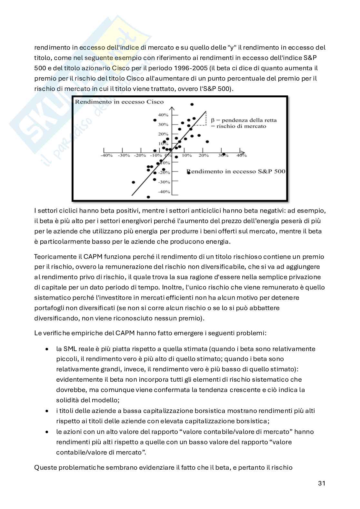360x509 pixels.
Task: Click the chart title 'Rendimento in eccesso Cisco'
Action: (119, 102)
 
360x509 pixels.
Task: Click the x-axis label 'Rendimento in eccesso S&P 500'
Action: (236, 171)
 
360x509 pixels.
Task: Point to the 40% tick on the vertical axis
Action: (163, 115)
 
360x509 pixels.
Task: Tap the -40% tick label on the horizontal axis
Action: (106, 155)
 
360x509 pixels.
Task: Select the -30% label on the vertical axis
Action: (164, 182)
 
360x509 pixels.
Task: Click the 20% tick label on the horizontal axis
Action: (204, 155)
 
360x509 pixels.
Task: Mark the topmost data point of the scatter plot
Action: (192, 104)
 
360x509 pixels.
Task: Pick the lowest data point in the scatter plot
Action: (148, 197)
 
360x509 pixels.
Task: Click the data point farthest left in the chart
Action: (133, 182)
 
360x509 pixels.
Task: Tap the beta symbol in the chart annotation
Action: (213, 120)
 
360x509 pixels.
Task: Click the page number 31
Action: (321, 483)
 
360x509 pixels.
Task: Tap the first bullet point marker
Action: (48, 349)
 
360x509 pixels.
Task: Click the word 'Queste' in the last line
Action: (45, 467)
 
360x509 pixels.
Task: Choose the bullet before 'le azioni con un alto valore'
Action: (48, 432)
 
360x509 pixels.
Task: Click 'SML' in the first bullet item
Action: (70, 349)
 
